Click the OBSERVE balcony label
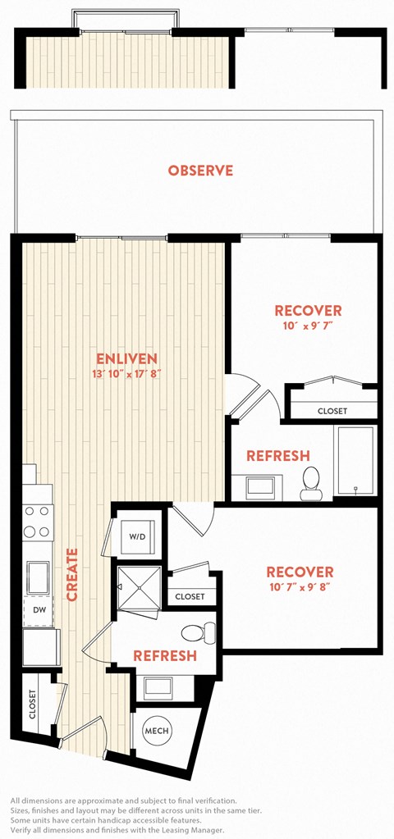tap(200, 171)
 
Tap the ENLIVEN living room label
tap(126, 358)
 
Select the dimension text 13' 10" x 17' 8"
tap(127, 373)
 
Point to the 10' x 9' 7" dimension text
tap(308, 325)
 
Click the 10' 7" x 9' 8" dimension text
tap(300, 586)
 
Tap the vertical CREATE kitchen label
tap(72, 574)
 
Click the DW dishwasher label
tap(38, 609)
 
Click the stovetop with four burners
tap(38, 522)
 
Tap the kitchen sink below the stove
tap(38, 577)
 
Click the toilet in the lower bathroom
tap(198, 632)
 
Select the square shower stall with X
tap(140, 587)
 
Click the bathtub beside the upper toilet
tap(355, 460)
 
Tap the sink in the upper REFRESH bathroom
tap(260, 487)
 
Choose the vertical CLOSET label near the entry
tap(32, 704)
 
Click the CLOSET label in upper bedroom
tap(332, 412)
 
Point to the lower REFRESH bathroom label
tap(165, 655)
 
